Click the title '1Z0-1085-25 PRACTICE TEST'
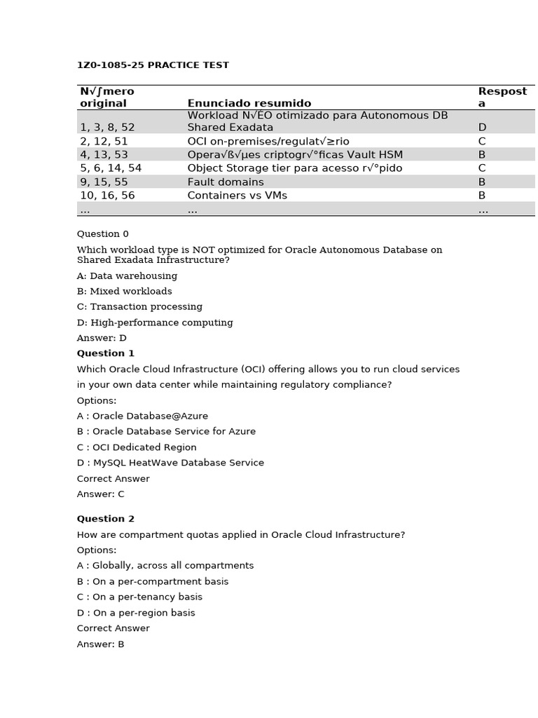click(153, 65)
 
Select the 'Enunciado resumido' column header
click(249, 103)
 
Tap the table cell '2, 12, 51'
click(104, 141)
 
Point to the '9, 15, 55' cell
click(104, 182)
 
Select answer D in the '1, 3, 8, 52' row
click(482, 128)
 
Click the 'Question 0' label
click(102, 234)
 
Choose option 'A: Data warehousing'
click(127, 276)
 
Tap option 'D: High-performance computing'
click(155, 323)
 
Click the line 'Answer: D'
click(102, 338)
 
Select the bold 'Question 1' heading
click(105, 353)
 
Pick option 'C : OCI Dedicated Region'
click(137, 447)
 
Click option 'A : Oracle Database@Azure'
click(142, 416)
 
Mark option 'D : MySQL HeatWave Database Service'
click(170, 463)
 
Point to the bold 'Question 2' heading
click(105, 519)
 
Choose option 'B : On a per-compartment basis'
click(153, 581)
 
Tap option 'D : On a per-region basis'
click(136, 613)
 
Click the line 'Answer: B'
click(100, 644)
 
